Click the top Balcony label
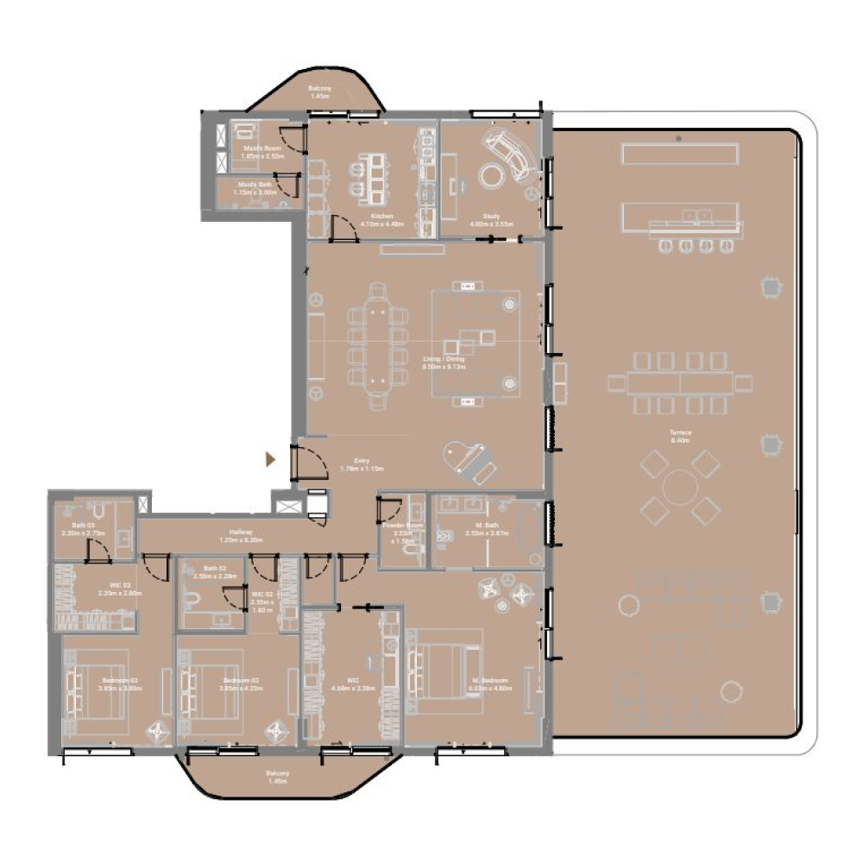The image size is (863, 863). [319, 92]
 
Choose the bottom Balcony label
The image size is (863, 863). [277, 778]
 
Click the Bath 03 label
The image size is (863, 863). [83, 529]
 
